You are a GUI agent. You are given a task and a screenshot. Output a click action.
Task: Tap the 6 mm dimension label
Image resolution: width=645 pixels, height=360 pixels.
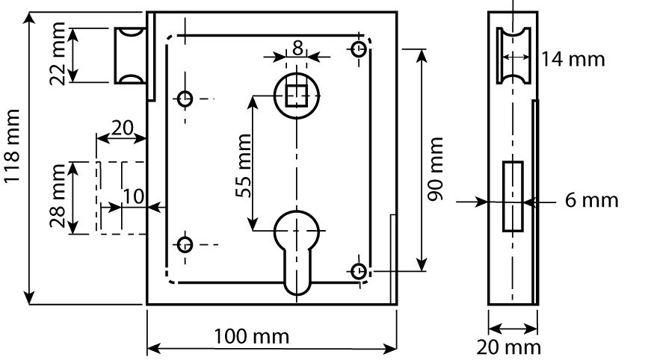click(x=592, y=200)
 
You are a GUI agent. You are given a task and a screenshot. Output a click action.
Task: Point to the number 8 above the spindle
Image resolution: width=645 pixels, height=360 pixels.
click(x=297, y=49)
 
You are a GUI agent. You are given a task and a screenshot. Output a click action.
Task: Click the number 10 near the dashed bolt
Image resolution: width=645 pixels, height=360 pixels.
click(x=133, y=195)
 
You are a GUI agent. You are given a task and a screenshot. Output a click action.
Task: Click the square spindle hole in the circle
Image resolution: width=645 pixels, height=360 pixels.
click(x=297, y=96)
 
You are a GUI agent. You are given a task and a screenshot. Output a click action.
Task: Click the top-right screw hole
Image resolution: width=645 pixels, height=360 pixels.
click(x=359, y=49)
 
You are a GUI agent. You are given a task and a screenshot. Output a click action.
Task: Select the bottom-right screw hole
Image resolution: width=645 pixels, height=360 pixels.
click(x=359, y=270)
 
